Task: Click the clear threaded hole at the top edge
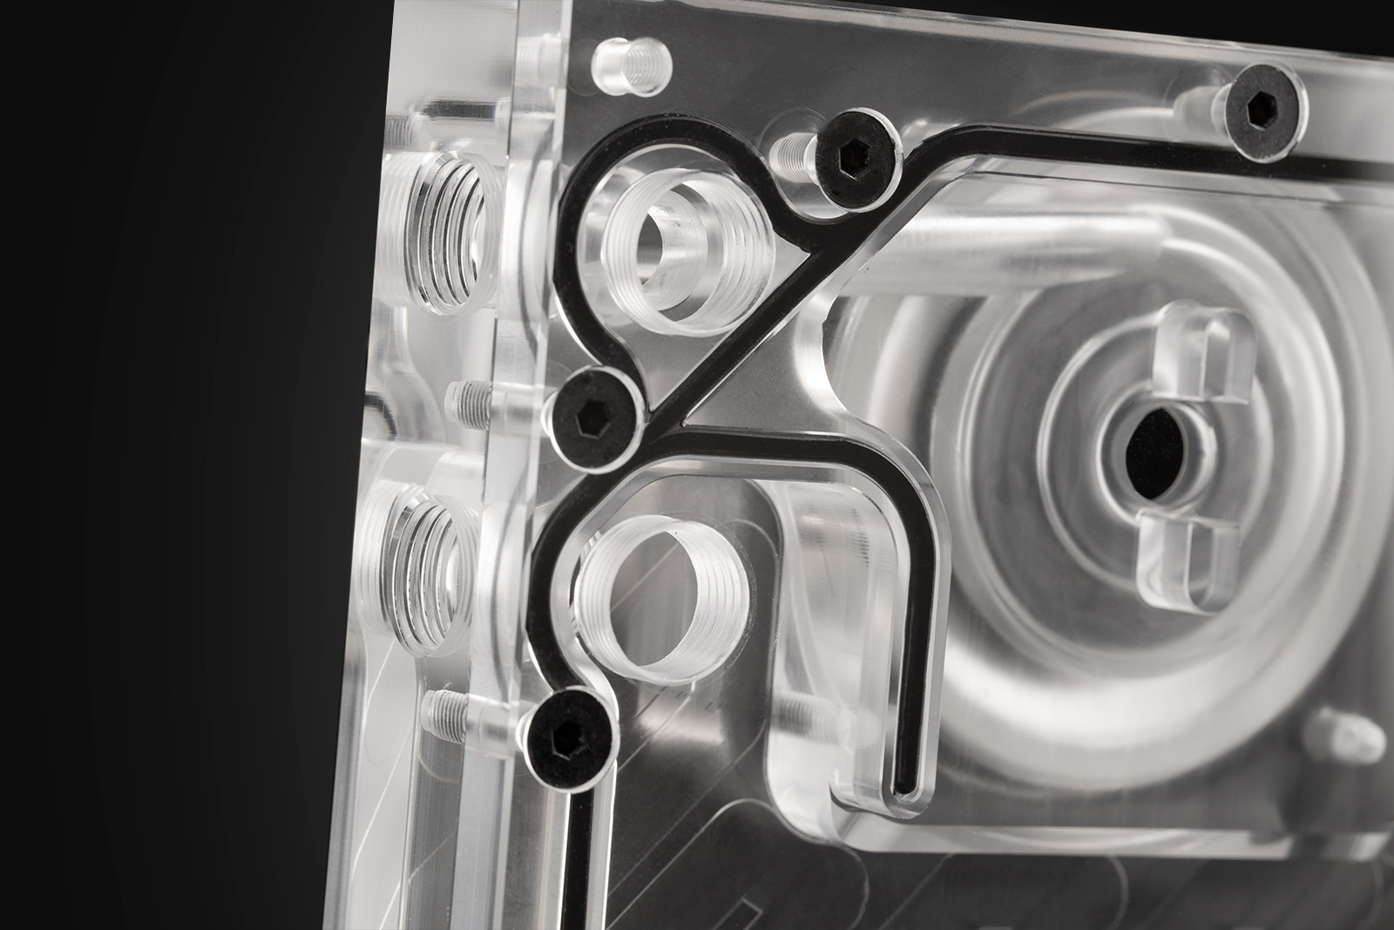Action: pos(629,69)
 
